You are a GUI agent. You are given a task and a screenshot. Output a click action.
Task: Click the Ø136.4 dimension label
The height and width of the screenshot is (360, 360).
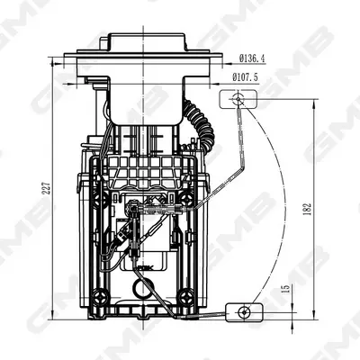click(x=252, y=58)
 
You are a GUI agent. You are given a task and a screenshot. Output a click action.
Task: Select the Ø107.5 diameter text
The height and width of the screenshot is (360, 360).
click(x=245, y=77)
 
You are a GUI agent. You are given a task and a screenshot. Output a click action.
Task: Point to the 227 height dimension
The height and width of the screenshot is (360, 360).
click(x=47, y=188)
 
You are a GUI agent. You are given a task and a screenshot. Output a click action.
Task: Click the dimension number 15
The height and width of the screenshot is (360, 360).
click(x=286, y=289)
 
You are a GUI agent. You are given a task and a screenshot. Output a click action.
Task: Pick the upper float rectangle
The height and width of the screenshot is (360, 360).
click(x=238, y=99)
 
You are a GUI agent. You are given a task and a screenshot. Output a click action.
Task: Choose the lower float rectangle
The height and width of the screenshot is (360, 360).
click(x=244, y=312)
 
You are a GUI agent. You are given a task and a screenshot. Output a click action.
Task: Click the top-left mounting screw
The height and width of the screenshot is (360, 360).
click(x=100, y=198)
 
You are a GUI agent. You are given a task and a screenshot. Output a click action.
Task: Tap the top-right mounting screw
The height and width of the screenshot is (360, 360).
click(x=187, y=198)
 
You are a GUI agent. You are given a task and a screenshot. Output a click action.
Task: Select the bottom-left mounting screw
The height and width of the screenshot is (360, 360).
click(x=100, y=297)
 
